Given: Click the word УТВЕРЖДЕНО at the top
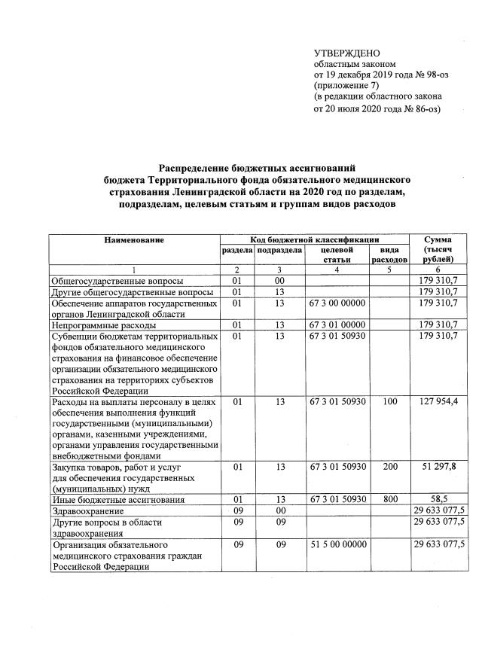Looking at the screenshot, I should click(347, 53).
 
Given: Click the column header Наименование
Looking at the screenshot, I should click(134, 239).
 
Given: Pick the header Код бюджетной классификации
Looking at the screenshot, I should click(314, 239).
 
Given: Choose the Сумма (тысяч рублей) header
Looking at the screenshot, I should click(438, 248).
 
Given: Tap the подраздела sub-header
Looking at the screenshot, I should click(279, 249).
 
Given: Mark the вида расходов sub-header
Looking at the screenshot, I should click(389, 254).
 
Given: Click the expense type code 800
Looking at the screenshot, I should click(389, 499).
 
